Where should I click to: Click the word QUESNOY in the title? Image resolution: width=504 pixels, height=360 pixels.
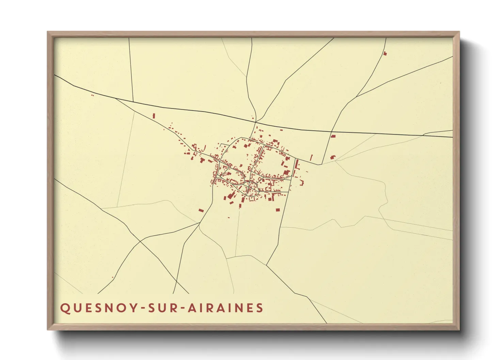[98, 308]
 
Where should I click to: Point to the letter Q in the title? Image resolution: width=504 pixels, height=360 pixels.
[65, 308]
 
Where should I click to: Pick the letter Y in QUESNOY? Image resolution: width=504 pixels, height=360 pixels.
[131, 308]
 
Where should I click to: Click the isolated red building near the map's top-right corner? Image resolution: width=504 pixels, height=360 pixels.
[385, 53]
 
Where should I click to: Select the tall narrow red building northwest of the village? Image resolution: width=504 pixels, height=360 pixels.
[154, 116]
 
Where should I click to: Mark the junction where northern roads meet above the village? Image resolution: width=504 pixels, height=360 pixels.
[256, 122]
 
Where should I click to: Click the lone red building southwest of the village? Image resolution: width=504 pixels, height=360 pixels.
[201, 211]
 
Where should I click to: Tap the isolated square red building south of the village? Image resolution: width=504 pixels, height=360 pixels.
[278, 210]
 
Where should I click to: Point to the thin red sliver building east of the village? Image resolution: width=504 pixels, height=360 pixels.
[311, 158]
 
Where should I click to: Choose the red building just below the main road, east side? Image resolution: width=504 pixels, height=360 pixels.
[333, 136]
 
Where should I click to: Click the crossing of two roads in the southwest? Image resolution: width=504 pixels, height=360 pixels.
[140, 242]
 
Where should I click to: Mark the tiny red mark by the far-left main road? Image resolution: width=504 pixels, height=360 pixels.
[93, 95]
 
